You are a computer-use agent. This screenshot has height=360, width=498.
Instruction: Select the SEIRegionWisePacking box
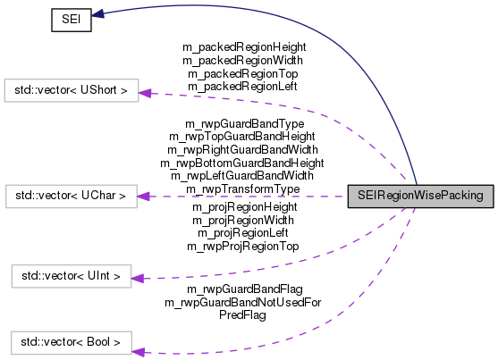coord(419,195)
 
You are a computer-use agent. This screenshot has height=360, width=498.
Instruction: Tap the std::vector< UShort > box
coord(72,90)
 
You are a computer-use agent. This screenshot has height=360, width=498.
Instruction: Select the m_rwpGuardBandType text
coord(244,122)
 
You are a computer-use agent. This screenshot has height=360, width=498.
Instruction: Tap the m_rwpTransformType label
coord(242,189)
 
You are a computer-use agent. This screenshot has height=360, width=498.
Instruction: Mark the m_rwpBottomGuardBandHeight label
coord(241,163)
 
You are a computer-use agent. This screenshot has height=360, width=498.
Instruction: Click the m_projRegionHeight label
coord(245,206)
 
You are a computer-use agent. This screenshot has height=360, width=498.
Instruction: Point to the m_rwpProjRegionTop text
coord(242,245)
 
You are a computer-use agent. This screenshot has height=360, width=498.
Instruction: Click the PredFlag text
coord(242,315)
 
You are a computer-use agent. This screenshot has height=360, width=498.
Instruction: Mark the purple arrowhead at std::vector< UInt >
coord(137,279)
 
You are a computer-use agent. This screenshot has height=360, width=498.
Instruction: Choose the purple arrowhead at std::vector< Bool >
coord(137,340)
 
